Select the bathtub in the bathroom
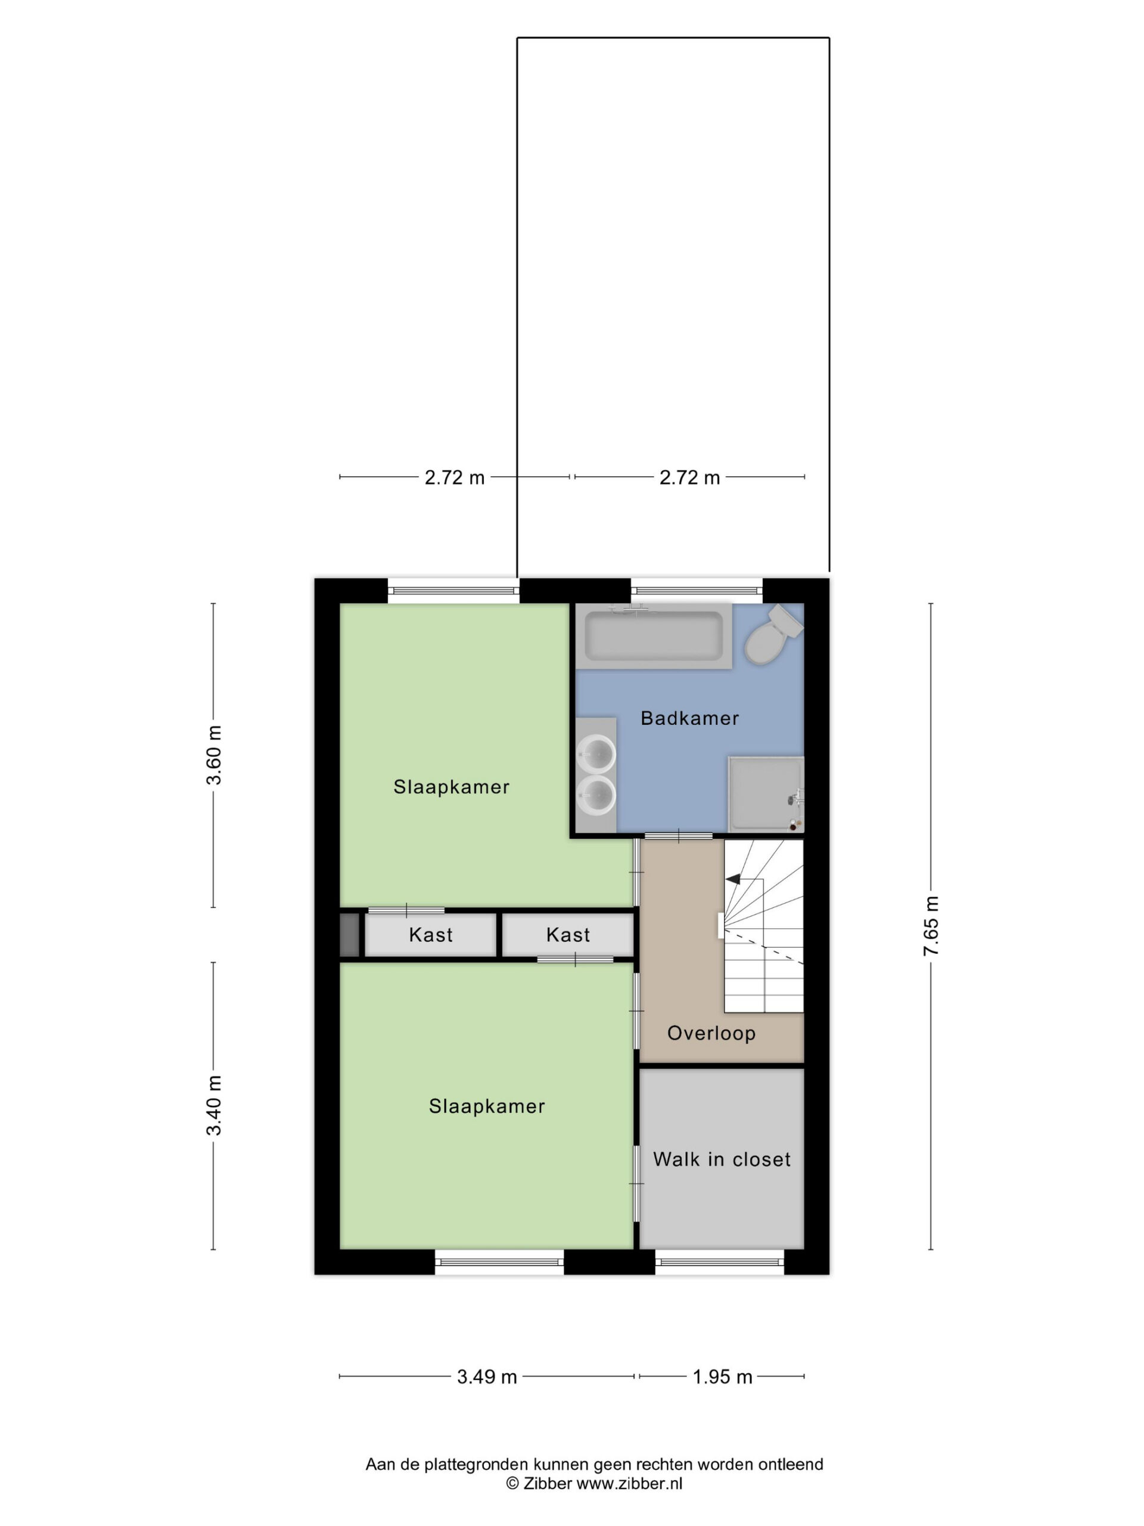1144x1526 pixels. pos(653,635)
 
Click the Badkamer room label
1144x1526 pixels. pos(689,718)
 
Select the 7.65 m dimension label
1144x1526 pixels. pos(931,926)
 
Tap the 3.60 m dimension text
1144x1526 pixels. pos(214,755)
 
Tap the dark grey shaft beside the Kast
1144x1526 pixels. pos(350,935)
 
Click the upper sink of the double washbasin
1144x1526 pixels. pos(596,753)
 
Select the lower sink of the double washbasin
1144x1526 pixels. pos(596,795)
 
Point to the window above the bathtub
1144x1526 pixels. pos(697,591)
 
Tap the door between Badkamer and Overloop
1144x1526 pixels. pos(678,836)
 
